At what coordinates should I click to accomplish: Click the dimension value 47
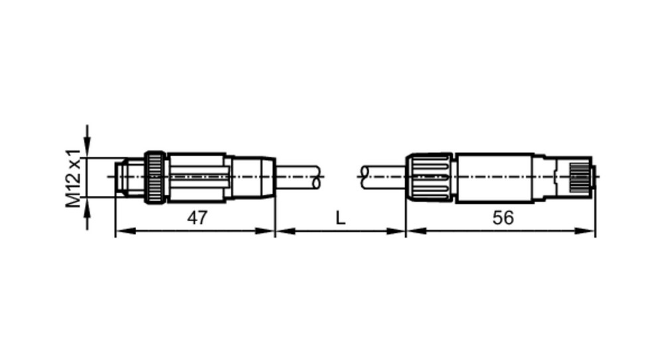pyautogui.click(x=197, y=218)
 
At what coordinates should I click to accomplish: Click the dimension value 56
pyautogui.click(x=503, y=218)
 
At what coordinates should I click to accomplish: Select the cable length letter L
pyautogui.click(x=341, y=218)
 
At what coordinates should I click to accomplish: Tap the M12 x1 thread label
pyautogui.click(x=73, y=178)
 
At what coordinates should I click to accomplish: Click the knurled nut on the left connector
pyautogui.click(x=155, y=177)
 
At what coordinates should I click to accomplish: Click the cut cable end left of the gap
pyautogui.click(x=315, y=177)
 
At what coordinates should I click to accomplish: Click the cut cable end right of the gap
pyautogui.click(x=364, y=177)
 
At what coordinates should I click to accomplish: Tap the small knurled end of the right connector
pyautogui.click(x=582, y=177)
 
